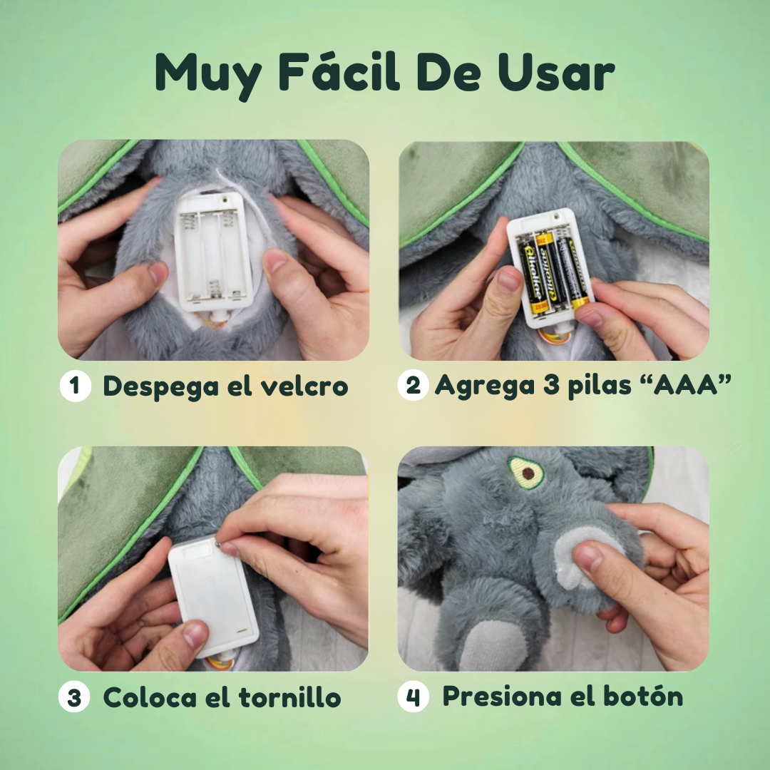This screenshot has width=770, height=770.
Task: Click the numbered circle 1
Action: click(x=74, y=386)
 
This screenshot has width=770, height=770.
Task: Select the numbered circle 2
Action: click(x=413, y=386)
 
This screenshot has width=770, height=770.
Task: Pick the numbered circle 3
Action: click(x=74, y=697)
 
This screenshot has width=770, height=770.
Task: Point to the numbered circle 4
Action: click(x=413, y=697)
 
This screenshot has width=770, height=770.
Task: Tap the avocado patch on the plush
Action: click(x=526, y=472)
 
